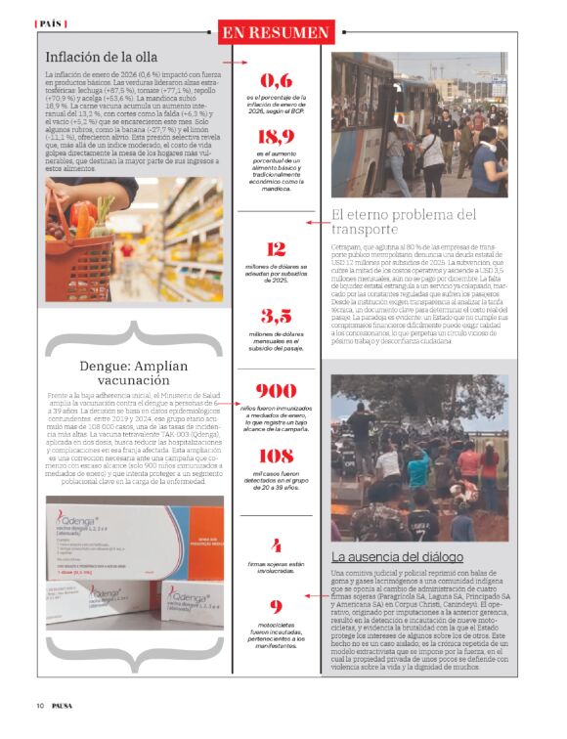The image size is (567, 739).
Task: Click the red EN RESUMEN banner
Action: click(x=277, y=32)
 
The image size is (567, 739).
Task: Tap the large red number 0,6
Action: click(x=276, y=81)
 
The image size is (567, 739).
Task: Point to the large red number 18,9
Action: click(x=276, y=137)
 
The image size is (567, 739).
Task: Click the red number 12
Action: click(x=276, y=249)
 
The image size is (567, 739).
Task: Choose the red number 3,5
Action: click(x=276, y=317)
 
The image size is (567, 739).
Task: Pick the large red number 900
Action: click(x=276, y=390)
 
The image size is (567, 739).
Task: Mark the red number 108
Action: click(x=276, y=455)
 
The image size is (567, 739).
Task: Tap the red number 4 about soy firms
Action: click(x=277, y=545)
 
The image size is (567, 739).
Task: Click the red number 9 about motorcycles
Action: click(x=277, y=607)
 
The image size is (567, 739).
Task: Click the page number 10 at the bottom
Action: click(x=41, y=706)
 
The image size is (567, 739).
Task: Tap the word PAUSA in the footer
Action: click(x=65, y=706)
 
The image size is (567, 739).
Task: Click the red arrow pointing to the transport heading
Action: click(x=318, y=223)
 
